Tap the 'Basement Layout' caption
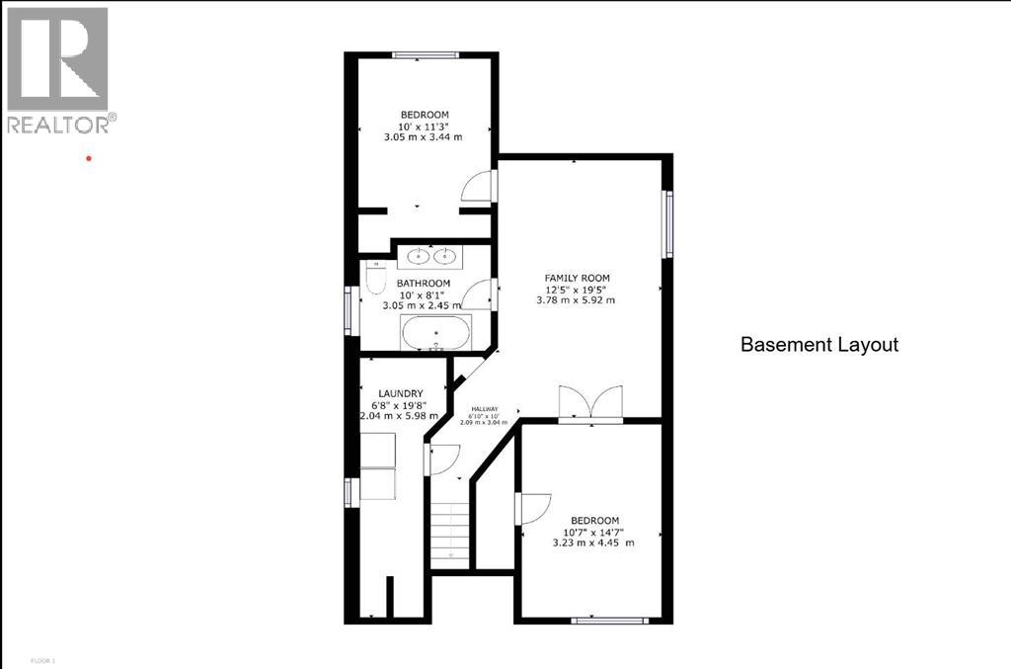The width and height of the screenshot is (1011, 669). point(819,345)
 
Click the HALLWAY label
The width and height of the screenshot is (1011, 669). point(484,409)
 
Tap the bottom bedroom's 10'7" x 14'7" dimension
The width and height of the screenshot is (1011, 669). point(593,532)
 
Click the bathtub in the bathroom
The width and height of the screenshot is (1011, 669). point(435,334)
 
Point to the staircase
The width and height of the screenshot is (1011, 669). point(450,534)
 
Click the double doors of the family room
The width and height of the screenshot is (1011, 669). point(590,404)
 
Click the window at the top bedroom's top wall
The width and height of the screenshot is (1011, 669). point(423,53)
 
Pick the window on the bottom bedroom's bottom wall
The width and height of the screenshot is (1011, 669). point(609,621)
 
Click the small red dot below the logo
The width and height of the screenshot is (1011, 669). point(89,157)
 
